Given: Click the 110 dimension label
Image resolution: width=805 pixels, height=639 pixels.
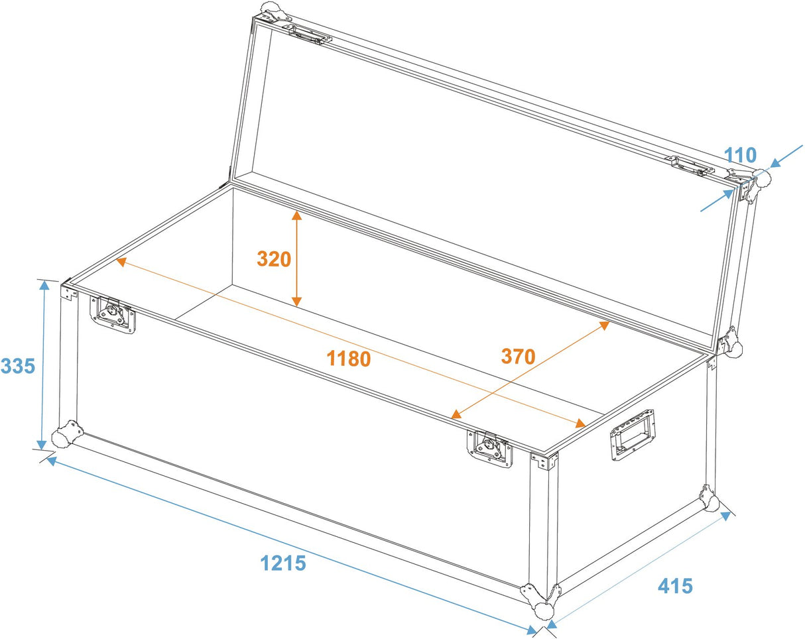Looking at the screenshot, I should tap(739, 156).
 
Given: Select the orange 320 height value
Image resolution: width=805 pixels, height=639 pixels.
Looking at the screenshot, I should tap(275, 259).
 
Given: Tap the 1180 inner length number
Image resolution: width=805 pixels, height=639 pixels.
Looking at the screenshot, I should tap(348, 358).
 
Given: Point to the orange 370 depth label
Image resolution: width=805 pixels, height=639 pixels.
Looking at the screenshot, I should tap(518, 357).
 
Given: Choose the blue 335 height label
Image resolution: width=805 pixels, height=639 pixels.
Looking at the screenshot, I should tap(18, 365).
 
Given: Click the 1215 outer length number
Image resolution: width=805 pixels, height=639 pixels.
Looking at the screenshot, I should tap(282, 563).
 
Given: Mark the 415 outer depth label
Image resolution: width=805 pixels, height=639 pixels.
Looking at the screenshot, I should tap(675, 586).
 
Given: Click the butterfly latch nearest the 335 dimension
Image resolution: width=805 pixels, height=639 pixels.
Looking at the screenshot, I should tap(113, 314).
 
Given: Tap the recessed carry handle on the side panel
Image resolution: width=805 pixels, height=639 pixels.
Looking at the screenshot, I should tap(633, 434).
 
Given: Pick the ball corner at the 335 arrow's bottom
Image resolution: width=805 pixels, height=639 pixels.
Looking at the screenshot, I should tap(67, 435).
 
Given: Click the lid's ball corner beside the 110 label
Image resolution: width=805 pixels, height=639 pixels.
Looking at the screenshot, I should tap(759, 178).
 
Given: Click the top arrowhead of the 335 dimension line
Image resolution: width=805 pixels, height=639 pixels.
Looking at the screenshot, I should tap(44, 286).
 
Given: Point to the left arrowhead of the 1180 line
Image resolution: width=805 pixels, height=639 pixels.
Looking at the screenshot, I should tap(121, 261).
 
